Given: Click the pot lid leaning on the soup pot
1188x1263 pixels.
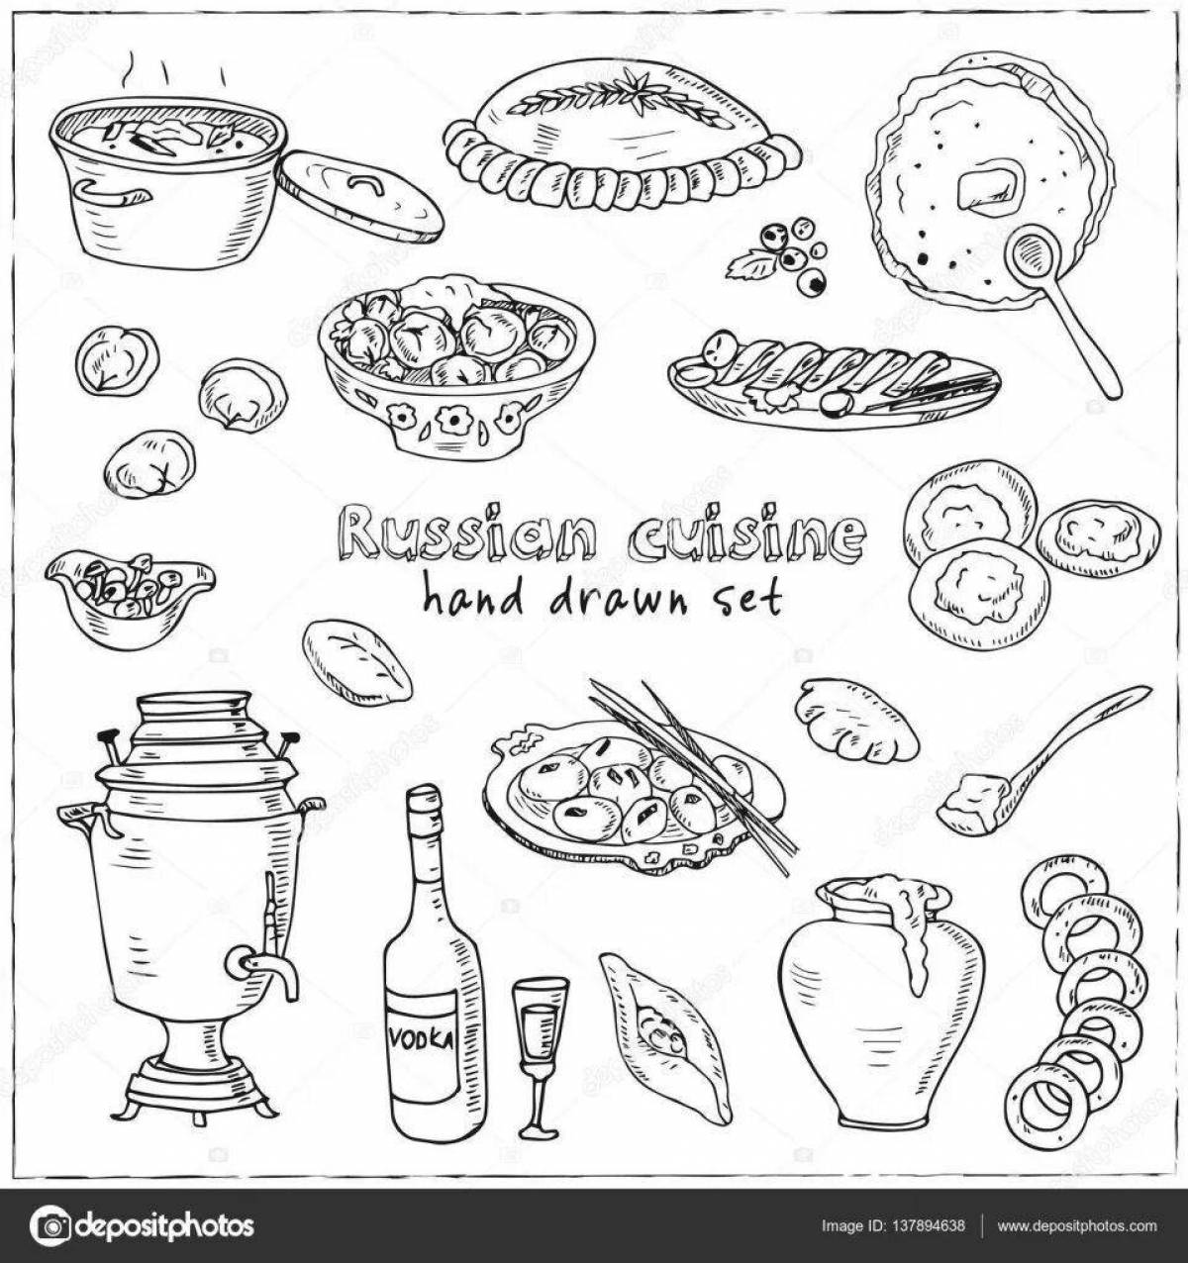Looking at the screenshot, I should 358,195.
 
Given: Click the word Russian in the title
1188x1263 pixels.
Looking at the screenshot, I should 465,534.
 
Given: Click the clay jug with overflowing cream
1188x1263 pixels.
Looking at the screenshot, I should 881,1000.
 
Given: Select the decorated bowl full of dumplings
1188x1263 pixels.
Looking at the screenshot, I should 455,366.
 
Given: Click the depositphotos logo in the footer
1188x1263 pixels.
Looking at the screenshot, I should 144,1225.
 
